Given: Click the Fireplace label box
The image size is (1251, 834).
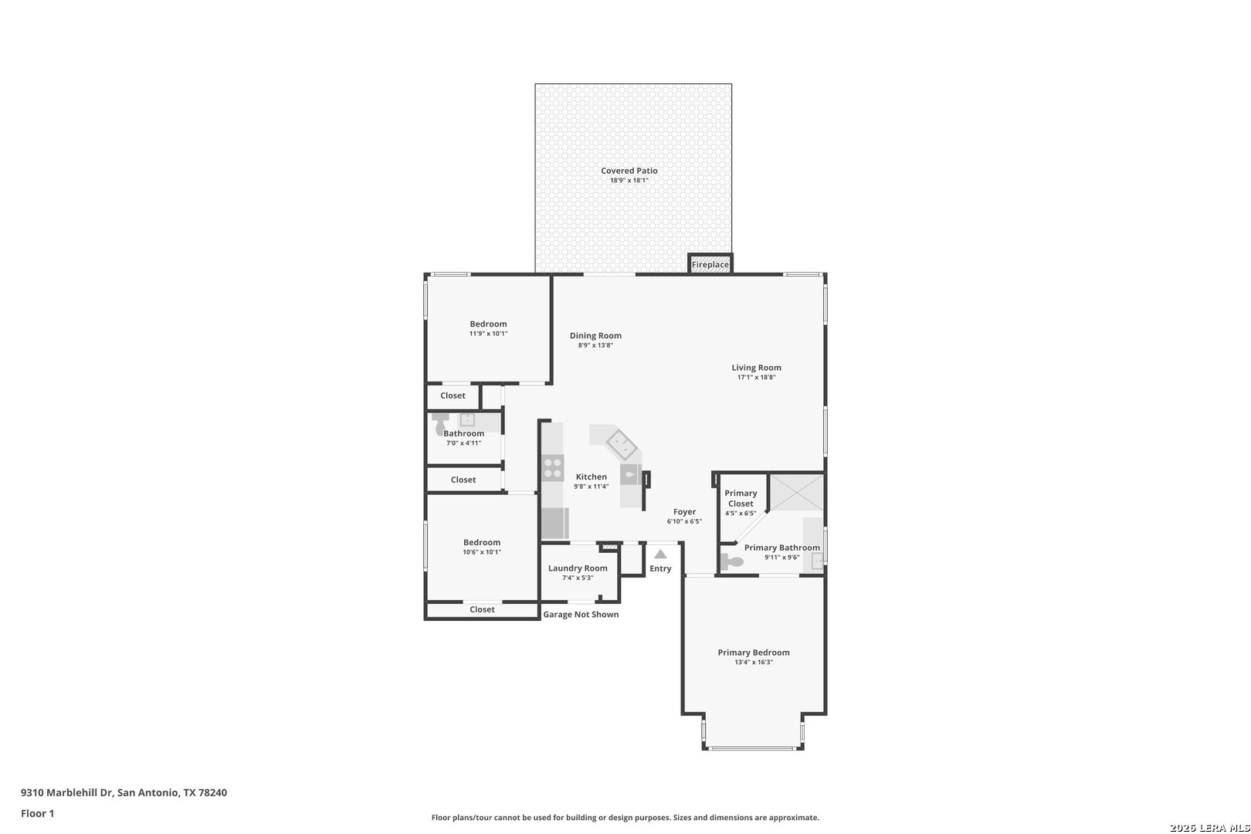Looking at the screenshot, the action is click(x=710, y=263).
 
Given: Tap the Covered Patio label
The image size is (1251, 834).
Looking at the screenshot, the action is click(x=629, y=171).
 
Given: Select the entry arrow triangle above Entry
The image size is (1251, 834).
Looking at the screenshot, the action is click(x=660, y=554).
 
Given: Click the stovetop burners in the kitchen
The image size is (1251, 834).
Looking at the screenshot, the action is click(x=552, y=467).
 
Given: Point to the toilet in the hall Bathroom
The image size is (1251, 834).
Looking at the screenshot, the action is click(x=440, y=423).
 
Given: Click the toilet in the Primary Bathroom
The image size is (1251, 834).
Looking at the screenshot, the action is click(x=731, y=561).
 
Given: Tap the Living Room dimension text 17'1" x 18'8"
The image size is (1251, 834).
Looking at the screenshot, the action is click(x=756, y=377).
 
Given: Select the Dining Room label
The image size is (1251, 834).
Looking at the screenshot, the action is click(x=595, y=336).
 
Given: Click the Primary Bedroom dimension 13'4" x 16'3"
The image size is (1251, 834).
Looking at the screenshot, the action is click(x=754, y=662).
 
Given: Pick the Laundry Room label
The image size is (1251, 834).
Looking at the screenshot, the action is click(x=578, y=568).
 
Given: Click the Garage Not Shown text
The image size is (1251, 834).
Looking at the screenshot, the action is click(x=581, y=615).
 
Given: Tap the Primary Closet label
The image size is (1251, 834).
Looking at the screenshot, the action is click(x=741, y=498).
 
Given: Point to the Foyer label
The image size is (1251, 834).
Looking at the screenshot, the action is click(x=684, y=512).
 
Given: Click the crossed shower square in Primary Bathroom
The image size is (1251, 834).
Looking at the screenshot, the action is click(x=796, y=492).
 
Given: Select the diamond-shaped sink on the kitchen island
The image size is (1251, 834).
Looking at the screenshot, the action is click(x=622, y=445).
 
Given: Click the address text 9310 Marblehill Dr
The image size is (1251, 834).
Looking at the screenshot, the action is click(x=67, y=792).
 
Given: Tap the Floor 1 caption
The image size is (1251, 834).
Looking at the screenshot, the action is click(x=37, y=813).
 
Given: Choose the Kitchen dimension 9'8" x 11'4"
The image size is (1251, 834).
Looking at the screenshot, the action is click(x=591, y=486).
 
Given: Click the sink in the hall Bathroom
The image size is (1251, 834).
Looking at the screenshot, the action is click(x=467, y=419).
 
